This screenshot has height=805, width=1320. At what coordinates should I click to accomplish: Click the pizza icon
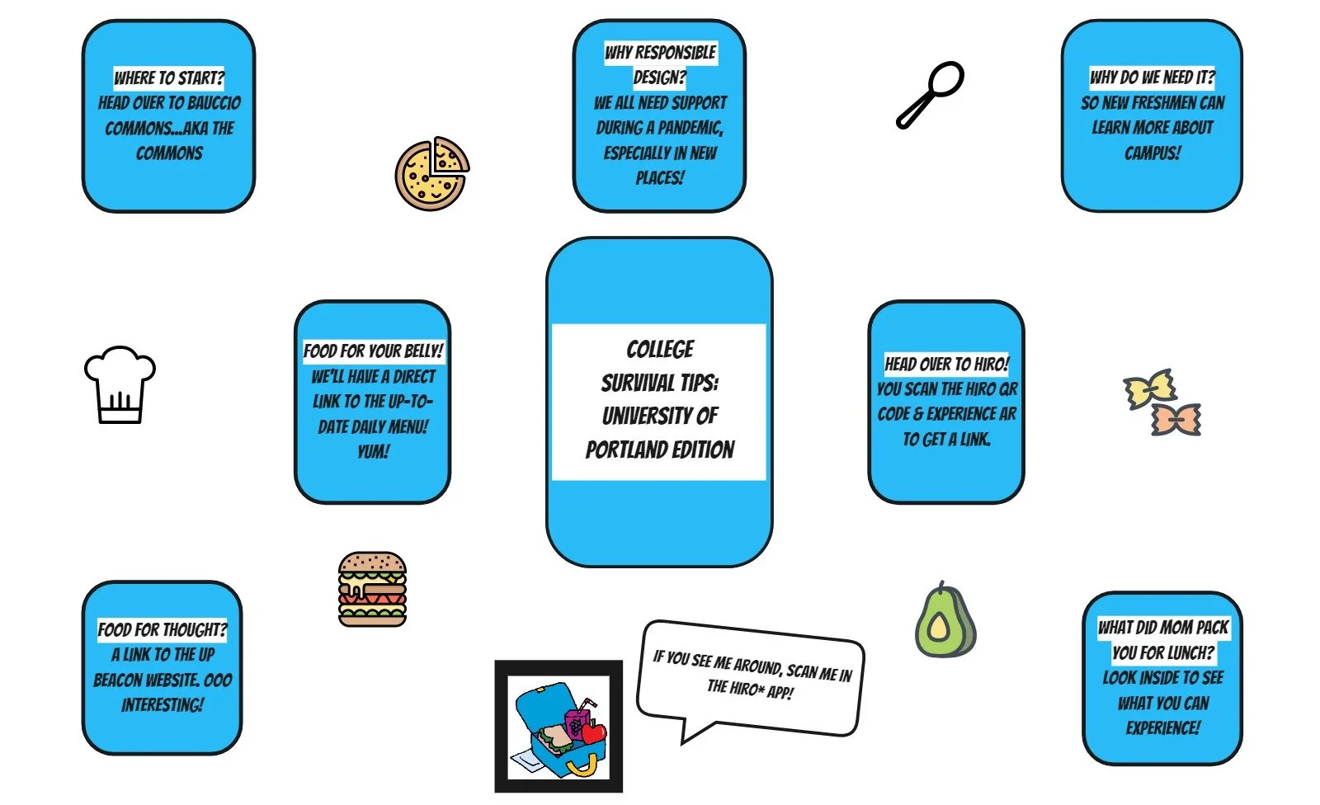point(431,174)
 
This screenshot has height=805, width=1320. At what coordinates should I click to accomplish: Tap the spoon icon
point(931,93)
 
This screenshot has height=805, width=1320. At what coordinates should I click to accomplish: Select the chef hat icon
point(120,384)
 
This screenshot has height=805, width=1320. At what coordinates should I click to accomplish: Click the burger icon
point(372,589)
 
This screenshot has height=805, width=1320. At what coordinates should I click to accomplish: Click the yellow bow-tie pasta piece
point(1149,388)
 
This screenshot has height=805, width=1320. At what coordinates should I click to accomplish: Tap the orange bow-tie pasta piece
point(1176,419)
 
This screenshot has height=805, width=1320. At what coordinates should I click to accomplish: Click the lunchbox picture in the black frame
point(559,727)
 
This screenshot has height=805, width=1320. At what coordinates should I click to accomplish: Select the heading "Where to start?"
point(169,78)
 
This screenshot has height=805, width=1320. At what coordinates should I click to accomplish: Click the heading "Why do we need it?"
point(1152,78)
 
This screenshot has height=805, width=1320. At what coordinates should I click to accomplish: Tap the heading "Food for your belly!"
point(373,351)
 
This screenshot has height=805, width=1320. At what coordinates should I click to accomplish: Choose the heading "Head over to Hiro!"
point(946,364)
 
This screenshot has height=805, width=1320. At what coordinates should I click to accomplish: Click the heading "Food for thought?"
point(162,630)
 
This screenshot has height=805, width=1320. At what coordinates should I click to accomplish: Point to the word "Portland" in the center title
point(618,450)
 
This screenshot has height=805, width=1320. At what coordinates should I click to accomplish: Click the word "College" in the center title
point(660,350)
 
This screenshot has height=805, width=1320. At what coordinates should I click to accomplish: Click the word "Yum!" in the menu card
point(373,452)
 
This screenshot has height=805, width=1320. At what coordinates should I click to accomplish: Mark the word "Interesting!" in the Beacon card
point(162,705)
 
